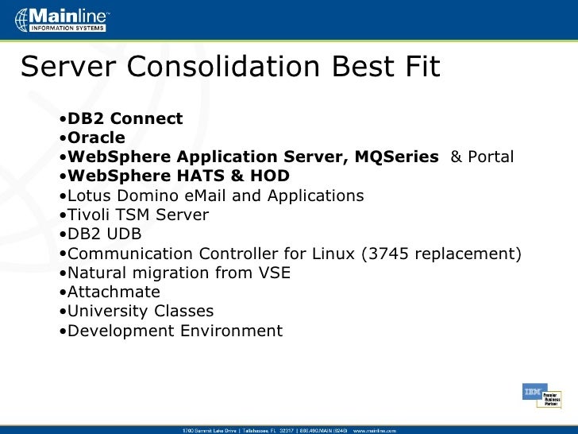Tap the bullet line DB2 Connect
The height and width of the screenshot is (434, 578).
tap(125, 119)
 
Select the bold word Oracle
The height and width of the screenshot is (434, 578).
tap(96, 138)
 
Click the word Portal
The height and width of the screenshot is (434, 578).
tap(491, 157)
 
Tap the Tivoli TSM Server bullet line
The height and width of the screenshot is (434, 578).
tap(137, 215)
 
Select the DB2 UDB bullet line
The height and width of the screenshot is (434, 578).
tap(104, 234)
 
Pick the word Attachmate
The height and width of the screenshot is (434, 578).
tap(114, 293)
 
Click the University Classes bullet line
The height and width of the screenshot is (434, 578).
tap(141, 312)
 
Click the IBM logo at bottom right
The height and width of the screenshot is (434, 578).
tap(531, 392)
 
